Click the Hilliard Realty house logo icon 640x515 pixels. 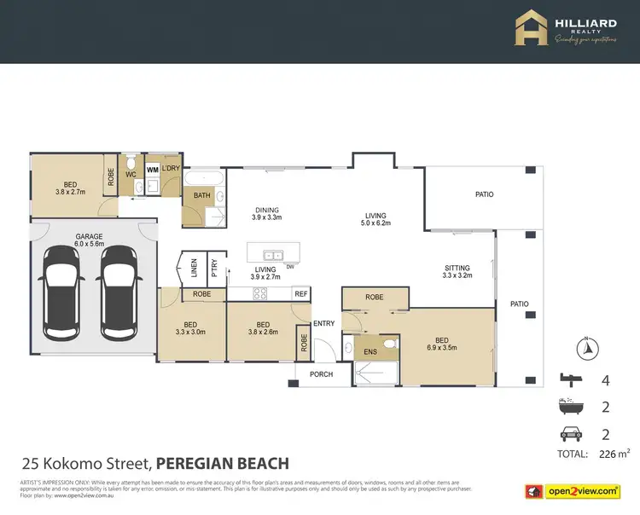[531, 28]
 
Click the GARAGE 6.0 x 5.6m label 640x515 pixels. [89, 240]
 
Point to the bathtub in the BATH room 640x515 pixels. [206, 179]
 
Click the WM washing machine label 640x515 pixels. [152, 171]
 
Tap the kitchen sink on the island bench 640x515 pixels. [274, 254]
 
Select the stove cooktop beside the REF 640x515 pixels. [259, 293]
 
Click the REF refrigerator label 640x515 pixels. [300, 293]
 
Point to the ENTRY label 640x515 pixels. [324, 323]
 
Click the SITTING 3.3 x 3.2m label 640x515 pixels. [457, 270]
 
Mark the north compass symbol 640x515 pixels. [585, 347]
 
